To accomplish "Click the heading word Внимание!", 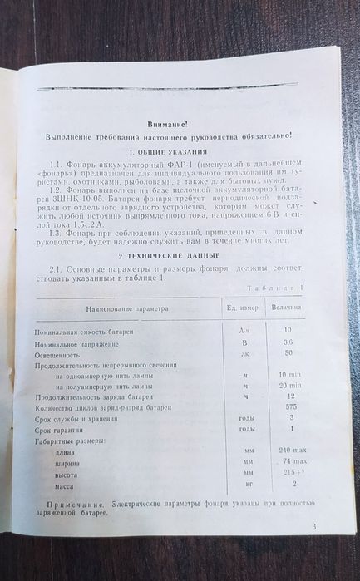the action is point(168,122).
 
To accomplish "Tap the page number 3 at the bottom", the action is point(313,526).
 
